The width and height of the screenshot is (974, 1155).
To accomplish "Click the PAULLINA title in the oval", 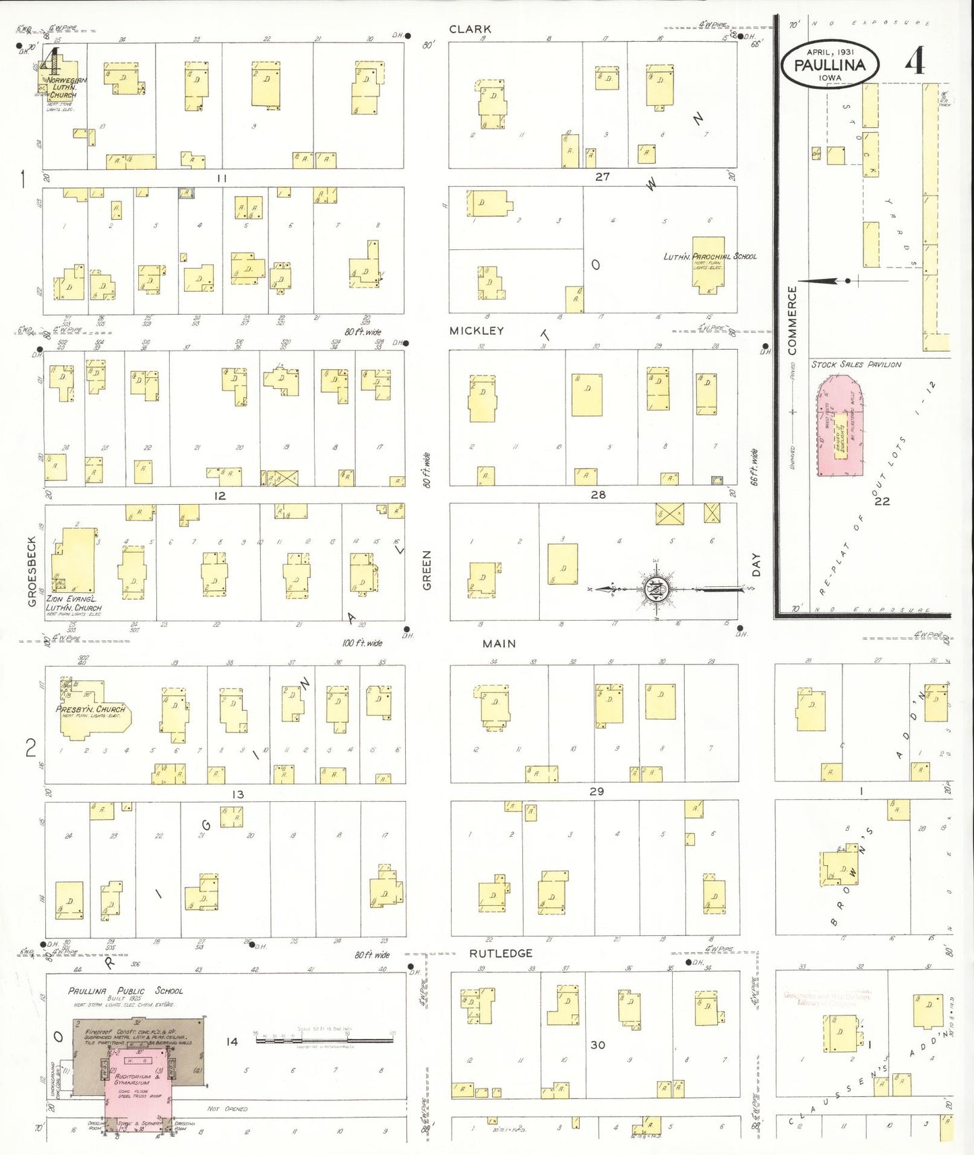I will tap(830, 65).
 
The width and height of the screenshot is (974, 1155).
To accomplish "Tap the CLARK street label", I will tap(470, 29).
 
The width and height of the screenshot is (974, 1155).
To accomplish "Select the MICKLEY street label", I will tap(477, 331).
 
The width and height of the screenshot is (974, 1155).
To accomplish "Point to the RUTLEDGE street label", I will tap(500, 954).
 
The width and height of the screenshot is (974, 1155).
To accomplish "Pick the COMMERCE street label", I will tap(792, 320).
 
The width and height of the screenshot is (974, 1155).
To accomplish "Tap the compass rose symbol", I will tap(656, 589).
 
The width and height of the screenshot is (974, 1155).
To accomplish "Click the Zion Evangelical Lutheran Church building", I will tap(78, 559).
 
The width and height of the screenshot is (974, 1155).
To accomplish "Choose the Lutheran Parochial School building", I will tap(708, 265).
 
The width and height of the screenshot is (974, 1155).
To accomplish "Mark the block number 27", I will tap(602, 177).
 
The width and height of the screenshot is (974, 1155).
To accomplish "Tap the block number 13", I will tap(237, 794).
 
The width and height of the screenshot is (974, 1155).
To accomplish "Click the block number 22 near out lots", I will tap(882, 501).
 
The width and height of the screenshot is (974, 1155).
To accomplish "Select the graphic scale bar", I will tap(324, 1040).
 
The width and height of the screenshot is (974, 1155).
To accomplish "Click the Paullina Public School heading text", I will tap(125, 991).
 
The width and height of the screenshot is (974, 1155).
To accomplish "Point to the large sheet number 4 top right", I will tap(915, 62).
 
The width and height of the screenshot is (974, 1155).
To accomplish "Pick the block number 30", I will tap(598, 1044).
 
